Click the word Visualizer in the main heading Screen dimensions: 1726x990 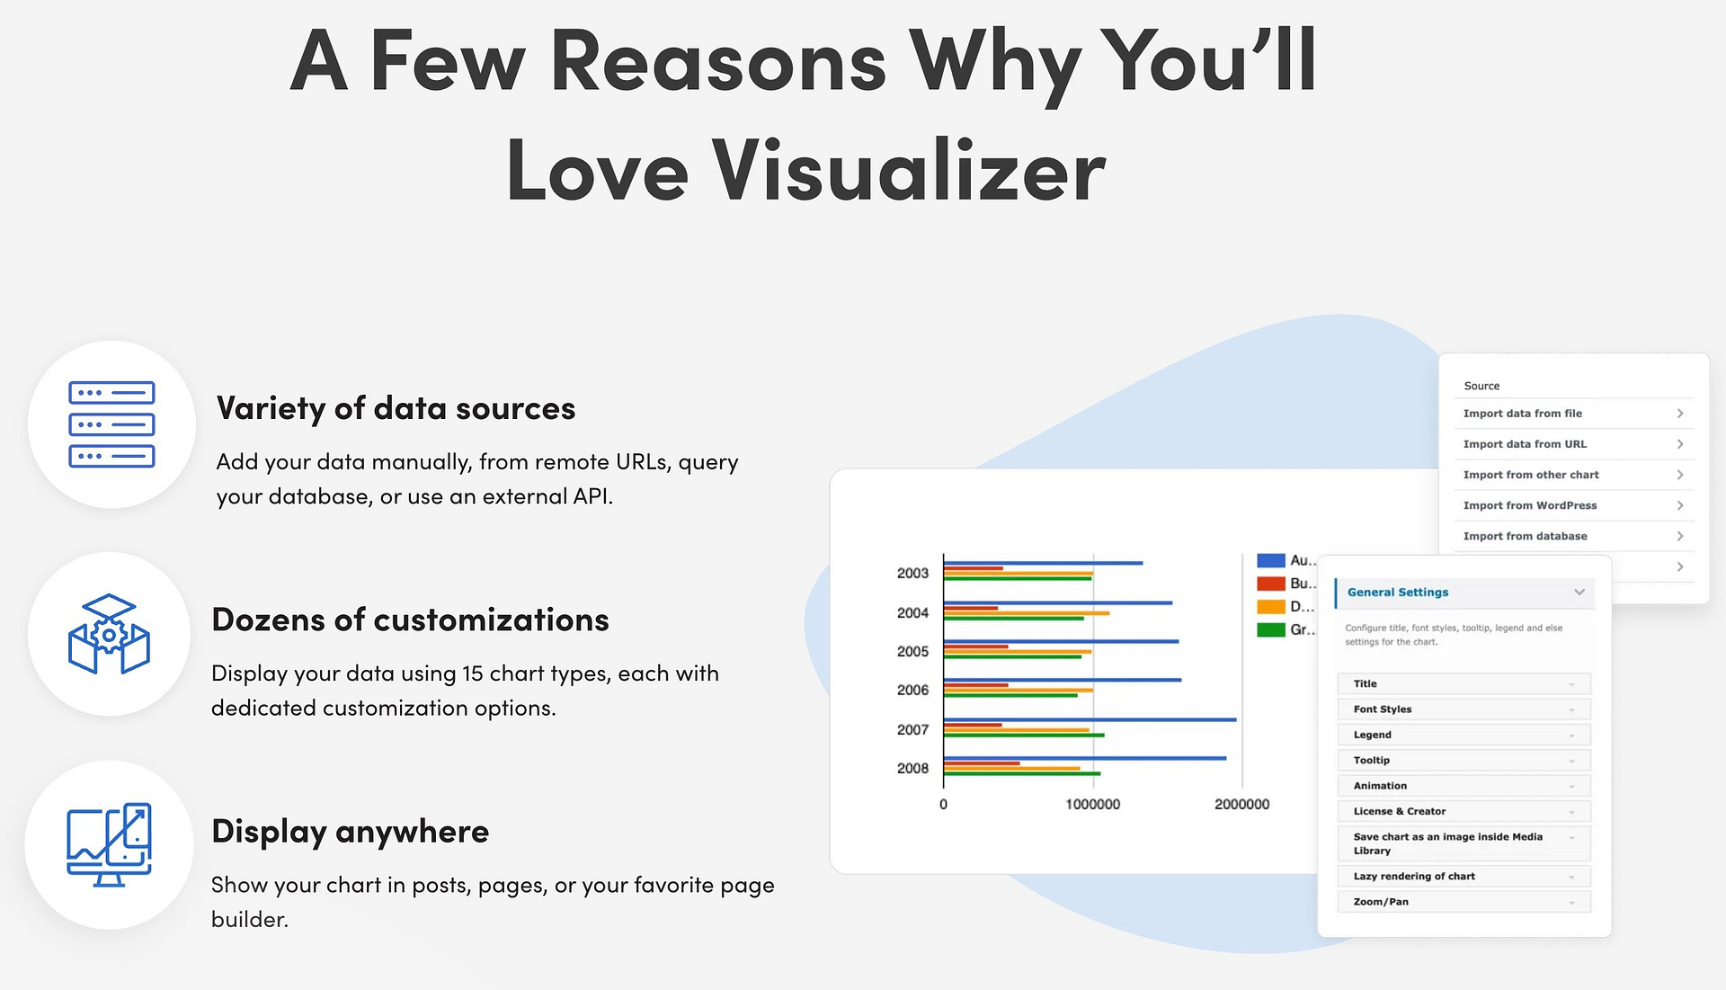(x=908, y=170)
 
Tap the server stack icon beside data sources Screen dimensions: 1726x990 (x=111, y=424)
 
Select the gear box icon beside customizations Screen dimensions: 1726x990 (x=109, y=634)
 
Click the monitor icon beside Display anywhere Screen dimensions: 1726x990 (x=109, y=844)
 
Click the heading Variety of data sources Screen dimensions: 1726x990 (x=396, y=408)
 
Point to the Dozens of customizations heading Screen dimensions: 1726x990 (x=410, y=620)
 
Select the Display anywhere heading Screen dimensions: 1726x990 (x=350, y=832)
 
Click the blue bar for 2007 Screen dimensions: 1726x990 (x=1090, y=719)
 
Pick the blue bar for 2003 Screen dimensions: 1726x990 (x=1043, y=563)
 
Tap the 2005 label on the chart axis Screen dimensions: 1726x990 (x=912, y=651)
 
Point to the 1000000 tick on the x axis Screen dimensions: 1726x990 (x=1093, y=804)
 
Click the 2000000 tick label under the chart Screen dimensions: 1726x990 (x=1242, y=804)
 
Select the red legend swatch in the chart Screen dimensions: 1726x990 (x=1270, y=584)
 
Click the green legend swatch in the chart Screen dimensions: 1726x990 (x=1270, y=629)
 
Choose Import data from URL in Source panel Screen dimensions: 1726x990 (x=1525, y=444)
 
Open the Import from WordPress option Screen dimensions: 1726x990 (x=1530, y=505)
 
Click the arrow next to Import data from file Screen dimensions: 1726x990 (x=1679, y=414)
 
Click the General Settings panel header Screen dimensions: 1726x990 (x=1464, y=593)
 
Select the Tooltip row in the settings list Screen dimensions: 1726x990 (x=1464, y=761)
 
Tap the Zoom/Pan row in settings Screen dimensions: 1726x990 (x=1464, y=902)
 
